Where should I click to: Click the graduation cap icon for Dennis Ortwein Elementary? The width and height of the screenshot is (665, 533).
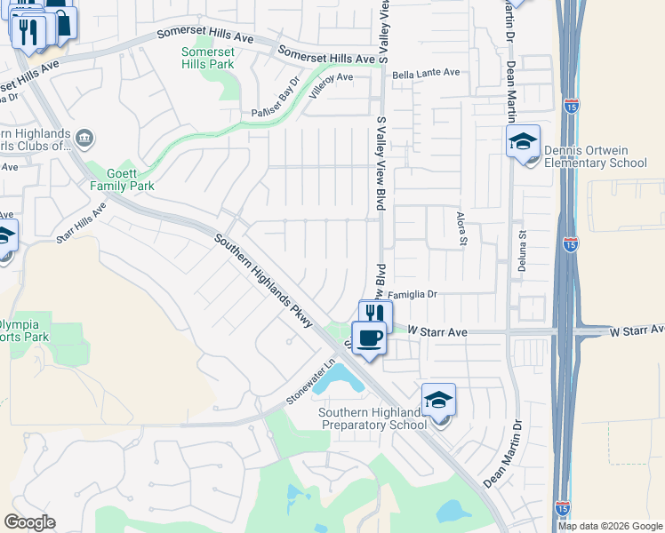pos(523,140)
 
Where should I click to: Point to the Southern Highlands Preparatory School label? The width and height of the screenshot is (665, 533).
pos(373,418)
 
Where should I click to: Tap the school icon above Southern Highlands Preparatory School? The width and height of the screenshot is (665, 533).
pos(438,400)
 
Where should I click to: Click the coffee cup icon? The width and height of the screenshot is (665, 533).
pos(369,337)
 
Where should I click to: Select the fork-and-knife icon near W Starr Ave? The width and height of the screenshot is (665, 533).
pos(375,314)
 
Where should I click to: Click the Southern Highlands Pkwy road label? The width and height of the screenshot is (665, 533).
pos(263,280)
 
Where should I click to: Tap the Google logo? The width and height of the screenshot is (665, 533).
pos(29,522)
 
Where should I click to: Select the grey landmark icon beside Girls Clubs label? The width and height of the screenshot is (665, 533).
pos(85,138)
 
